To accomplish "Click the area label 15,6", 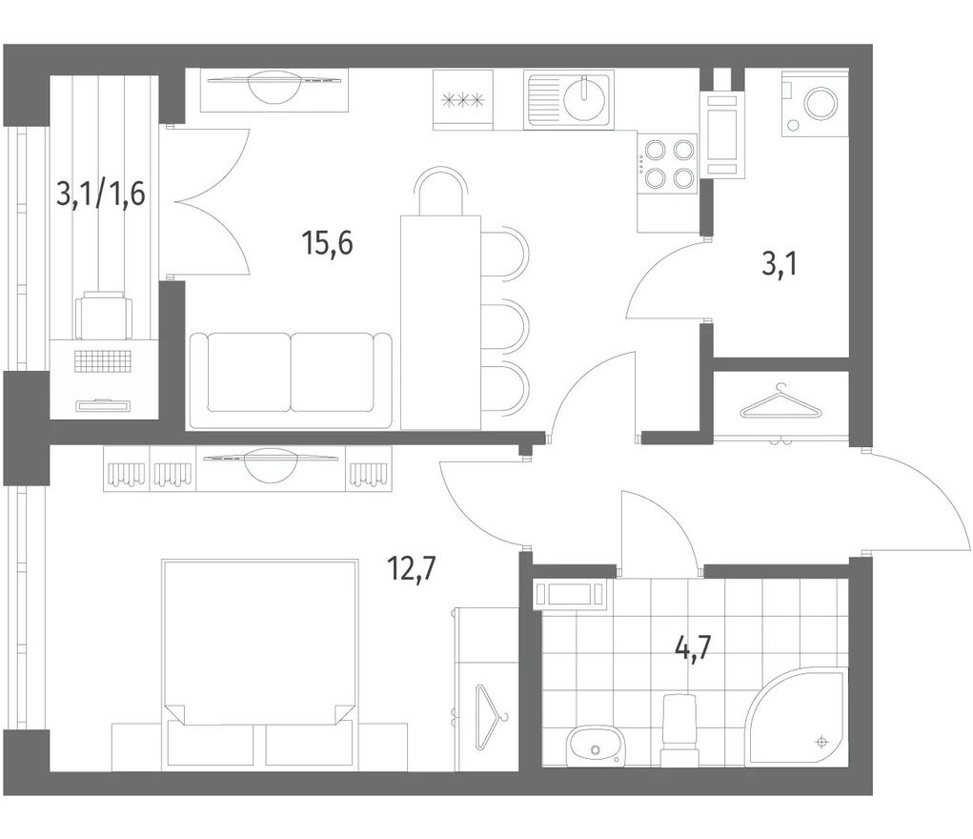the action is click(x=328, y=243).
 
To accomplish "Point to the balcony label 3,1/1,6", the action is click(x=100, y=194).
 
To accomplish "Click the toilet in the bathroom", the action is click(x=680, y=729).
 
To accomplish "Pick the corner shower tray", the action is click(x=798, y=716).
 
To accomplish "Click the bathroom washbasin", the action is click(x=595, y=747).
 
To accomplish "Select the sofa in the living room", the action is click(x=291, y=380).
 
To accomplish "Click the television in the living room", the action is click(x=274, y=88).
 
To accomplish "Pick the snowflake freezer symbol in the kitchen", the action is click(x=462, y=99).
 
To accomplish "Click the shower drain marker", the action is click(x=822, y=742).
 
